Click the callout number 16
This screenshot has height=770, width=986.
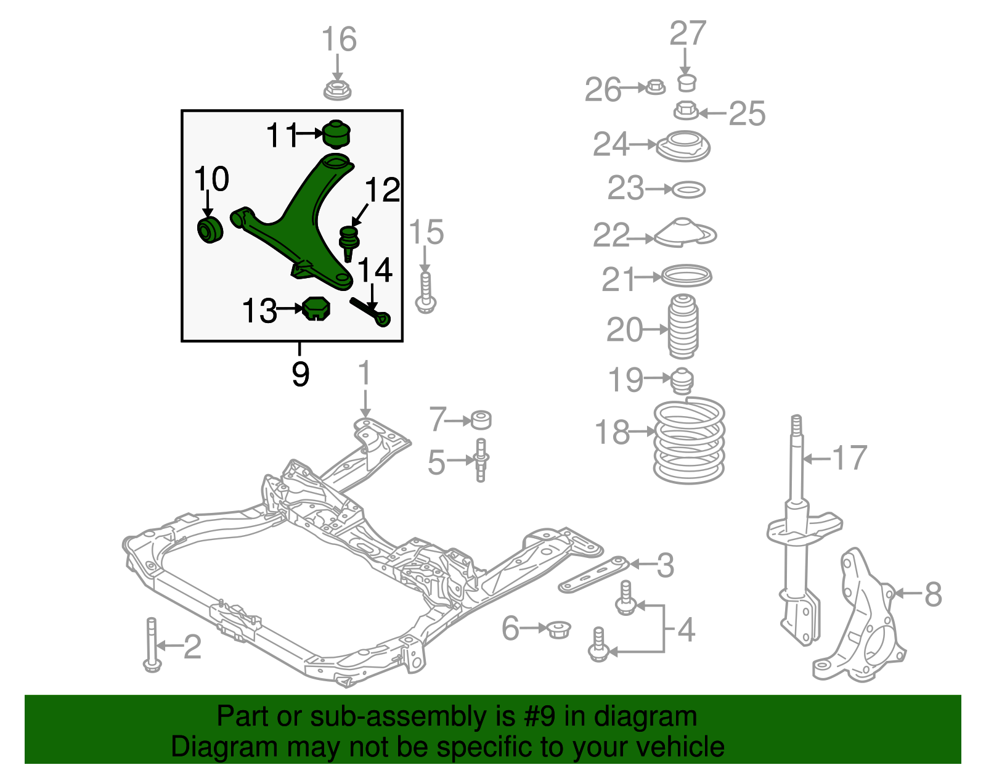339,39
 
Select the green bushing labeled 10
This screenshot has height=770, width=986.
210,229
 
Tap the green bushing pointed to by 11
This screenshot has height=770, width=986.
336,134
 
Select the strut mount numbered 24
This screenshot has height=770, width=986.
682,147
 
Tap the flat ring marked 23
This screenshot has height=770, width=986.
688,190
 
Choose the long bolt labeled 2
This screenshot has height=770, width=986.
151,645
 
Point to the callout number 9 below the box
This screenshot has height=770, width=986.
300,374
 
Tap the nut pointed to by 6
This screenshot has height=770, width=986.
559,629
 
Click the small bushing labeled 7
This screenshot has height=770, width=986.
481,420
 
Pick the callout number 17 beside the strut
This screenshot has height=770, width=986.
849,458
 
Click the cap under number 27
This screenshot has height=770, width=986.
687,83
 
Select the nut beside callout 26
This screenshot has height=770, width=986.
656,88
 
